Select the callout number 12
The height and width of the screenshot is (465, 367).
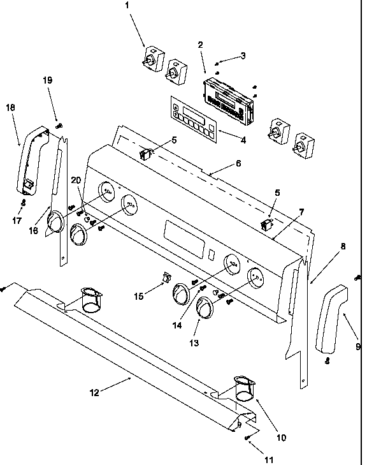pos(94,393)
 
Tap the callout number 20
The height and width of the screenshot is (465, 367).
pos(76,181)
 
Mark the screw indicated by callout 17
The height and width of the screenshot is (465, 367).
pos(24,203)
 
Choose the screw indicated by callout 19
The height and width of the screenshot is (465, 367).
pos(59,126)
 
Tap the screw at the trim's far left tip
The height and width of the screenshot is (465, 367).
pos(4,288)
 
